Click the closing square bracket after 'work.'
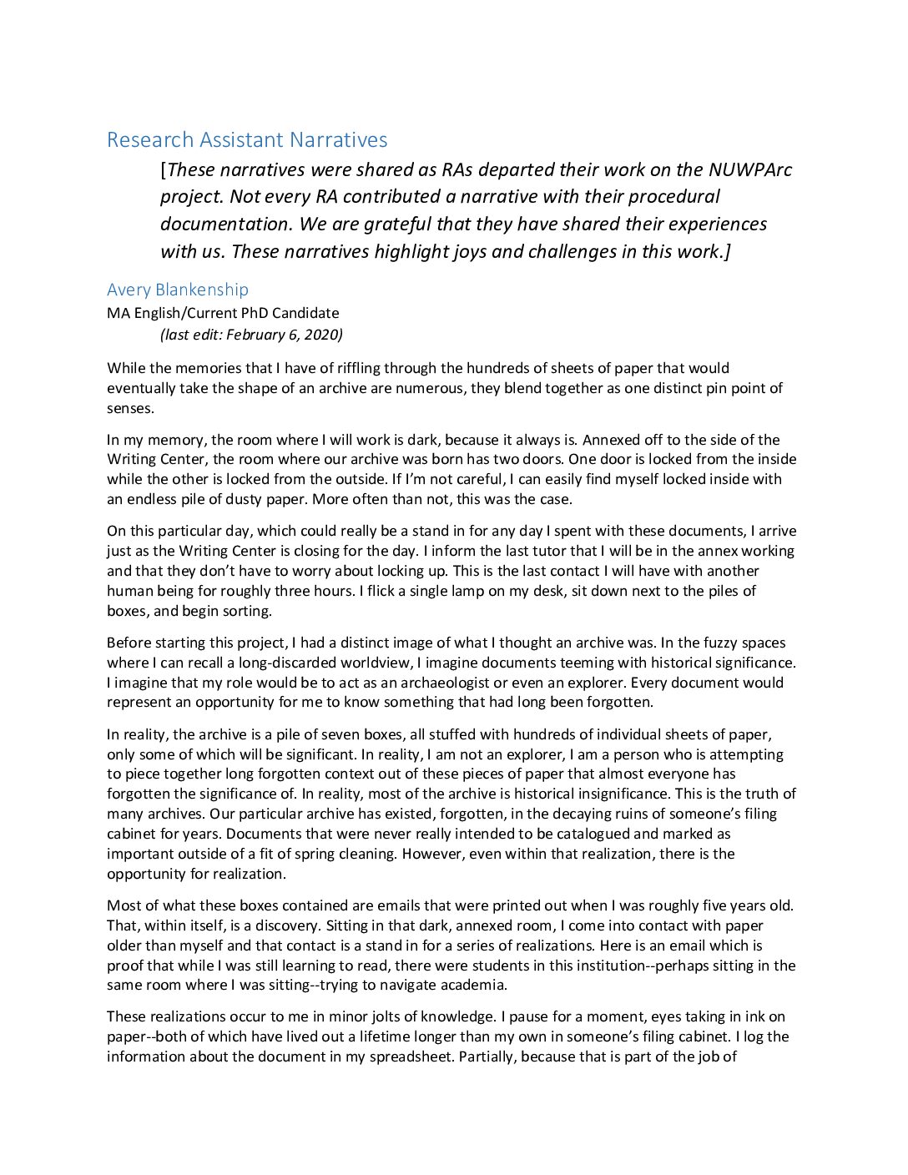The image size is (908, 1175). pyautogui.click(x=727, y=251)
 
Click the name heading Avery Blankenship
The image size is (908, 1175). pyautogui.click(x=178, y=290)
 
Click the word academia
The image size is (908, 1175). pyautogui.click(x=475, y=985)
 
